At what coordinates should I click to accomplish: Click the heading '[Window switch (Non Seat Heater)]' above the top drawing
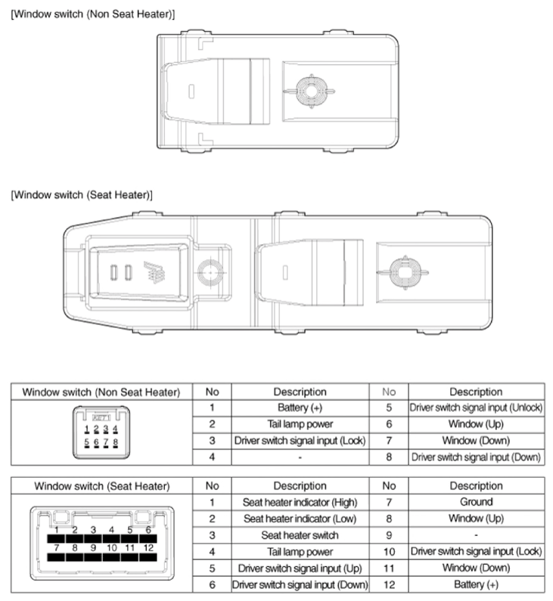pyautogui.click(x=93, y=14)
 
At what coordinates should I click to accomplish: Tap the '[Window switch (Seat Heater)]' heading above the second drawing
pyautogui.click(x=82, y=195)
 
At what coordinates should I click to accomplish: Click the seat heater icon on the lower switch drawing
pyautogui.click(x=154, y=272)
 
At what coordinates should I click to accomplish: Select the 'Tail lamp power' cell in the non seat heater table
pyautogui.click(x=300, y=424)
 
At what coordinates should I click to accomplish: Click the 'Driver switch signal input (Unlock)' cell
pyautogui.click(x=476, y=407)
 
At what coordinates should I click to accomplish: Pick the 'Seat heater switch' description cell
pyautogui.click(x=300, y=535)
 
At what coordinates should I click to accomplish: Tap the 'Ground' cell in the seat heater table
pyautogui.click(x=476, y=502)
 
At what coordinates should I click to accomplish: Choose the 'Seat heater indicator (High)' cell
pyautogui.click(x=300, y=502)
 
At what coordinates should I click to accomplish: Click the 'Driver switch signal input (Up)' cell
pyautogui.click(x=300, y=568)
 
